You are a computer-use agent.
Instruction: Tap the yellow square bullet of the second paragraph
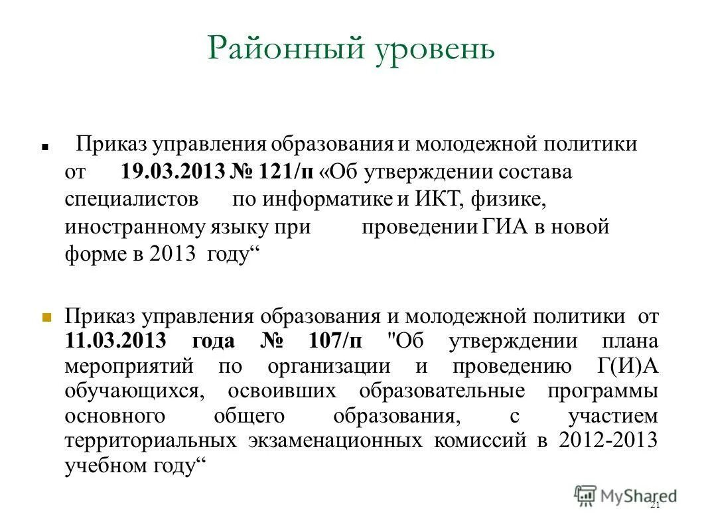46,316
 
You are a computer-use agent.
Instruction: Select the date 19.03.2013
173,172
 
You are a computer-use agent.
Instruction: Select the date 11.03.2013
117,341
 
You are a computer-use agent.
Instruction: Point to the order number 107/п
335,341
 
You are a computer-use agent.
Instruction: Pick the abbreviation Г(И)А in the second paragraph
623,365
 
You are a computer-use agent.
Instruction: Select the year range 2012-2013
608,440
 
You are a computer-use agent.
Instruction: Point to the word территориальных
151,440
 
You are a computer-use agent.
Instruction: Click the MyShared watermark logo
626,494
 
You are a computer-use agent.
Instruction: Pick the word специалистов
131,199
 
